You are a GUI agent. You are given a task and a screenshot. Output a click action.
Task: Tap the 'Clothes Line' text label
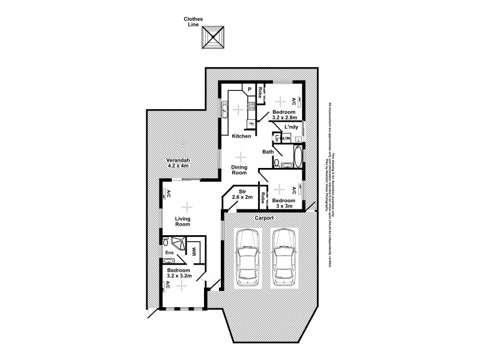193,22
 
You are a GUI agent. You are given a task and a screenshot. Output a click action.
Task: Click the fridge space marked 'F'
251,124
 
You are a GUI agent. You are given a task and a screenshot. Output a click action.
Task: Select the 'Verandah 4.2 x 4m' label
178,164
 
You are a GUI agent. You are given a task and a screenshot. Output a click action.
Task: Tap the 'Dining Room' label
240,169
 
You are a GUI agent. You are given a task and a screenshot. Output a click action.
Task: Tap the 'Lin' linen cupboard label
277,138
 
